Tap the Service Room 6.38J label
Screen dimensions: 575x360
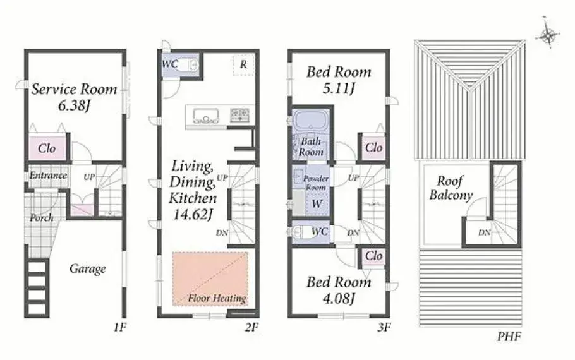click(x=74, y=97)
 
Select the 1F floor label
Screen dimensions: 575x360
click(x=119, y=327)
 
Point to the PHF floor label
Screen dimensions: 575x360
click(x=509, y=336)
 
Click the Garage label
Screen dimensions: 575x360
click(x=87, y=268)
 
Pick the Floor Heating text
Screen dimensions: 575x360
click(x=217, y=298)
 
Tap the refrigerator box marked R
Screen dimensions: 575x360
click(x=243, y=65)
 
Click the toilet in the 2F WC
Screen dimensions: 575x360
click(x=192, y=65)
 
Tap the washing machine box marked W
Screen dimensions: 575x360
click(x=317, y=203)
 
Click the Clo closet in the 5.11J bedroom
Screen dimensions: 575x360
click(x=373, y=147)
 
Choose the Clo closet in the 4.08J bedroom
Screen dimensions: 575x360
click(x=373, y=256)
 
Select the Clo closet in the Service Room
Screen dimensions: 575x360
click(x=47, y=148)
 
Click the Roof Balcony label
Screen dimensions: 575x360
click(x=451, y=188)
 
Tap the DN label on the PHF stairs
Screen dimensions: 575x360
click(x=485, y=232)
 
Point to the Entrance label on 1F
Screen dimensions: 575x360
click(x=48, y=175)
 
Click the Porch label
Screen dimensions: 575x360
click(x=42, y=218)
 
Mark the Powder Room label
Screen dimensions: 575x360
click(x=315, y=183)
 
